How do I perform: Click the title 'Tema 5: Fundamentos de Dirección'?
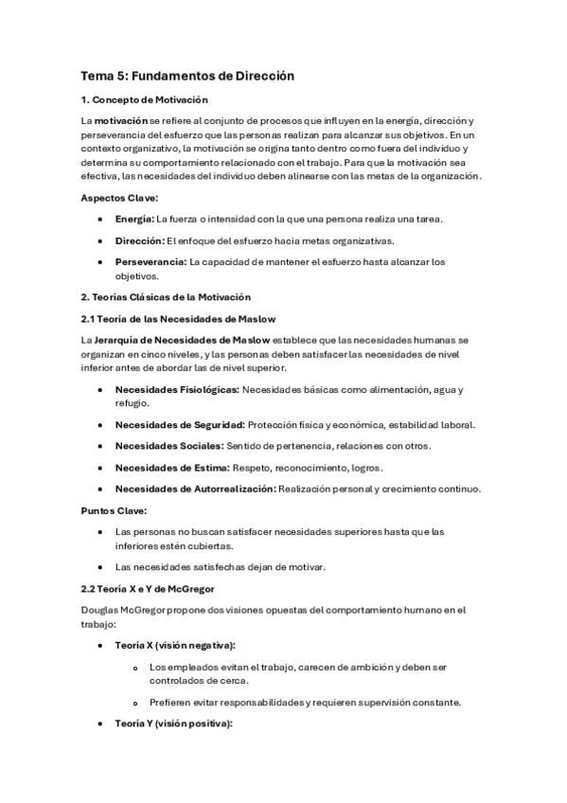point(187,75)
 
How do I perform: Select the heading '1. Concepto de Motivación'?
point(144,100)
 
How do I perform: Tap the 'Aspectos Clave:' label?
point(118,197)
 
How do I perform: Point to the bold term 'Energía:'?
point(134,219)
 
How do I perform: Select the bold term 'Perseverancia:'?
point(151,261)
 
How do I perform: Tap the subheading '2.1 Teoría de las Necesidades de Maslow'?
point(178,319)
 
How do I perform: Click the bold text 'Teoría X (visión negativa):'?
point(175,645)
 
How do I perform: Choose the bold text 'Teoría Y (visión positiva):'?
point(173,723)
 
